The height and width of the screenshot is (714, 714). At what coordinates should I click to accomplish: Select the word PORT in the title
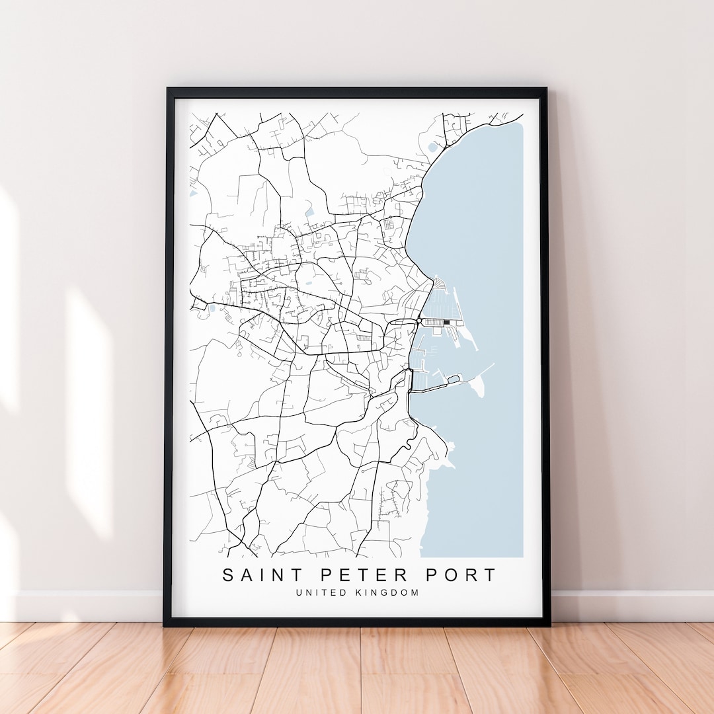[460, 575]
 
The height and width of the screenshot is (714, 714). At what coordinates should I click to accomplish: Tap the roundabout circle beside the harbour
[419, 321]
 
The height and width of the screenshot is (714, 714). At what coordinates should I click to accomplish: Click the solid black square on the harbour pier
[447, 322]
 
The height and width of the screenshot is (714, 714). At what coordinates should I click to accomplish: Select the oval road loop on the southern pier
[453, 379]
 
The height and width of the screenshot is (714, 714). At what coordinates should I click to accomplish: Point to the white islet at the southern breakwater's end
[479, 389]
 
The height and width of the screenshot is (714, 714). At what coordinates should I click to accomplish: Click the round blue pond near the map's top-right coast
[433, 147]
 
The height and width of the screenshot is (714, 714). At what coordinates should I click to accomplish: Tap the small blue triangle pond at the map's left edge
[192, 194]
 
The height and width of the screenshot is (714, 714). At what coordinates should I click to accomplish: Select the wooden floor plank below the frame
[357, 668]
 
